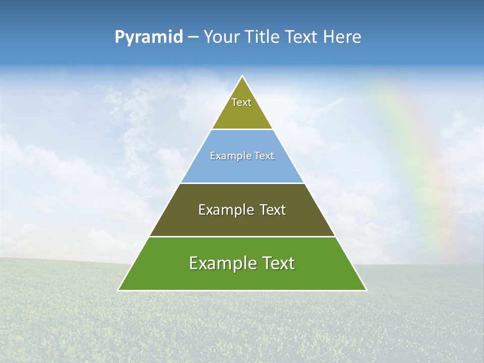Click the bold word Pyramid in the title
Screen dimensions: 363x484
point(149,37)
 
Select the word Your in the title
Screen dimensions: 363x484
point(222,37)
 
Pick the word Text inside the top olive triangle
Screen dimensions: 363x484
point(241,102)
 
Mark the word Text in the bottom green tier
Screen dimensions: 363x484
point(278,263)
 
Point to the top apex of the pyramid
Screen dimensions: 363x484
point(243,77)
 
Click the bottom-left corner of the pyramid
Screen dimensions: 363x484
point(119,290)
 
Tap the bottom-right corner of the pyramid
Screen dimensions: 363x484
point(366,290)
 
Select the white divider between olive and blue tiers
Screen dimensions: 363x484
point(242,129)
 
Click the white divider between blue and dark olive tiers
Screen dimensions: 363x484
point(242,183)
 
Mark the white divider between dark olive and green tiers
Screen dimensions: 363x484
point(242,236)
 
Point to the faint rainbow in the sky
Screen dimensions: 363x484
point(413,151)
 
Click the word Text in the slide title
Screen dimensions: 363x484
point(302,37)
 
